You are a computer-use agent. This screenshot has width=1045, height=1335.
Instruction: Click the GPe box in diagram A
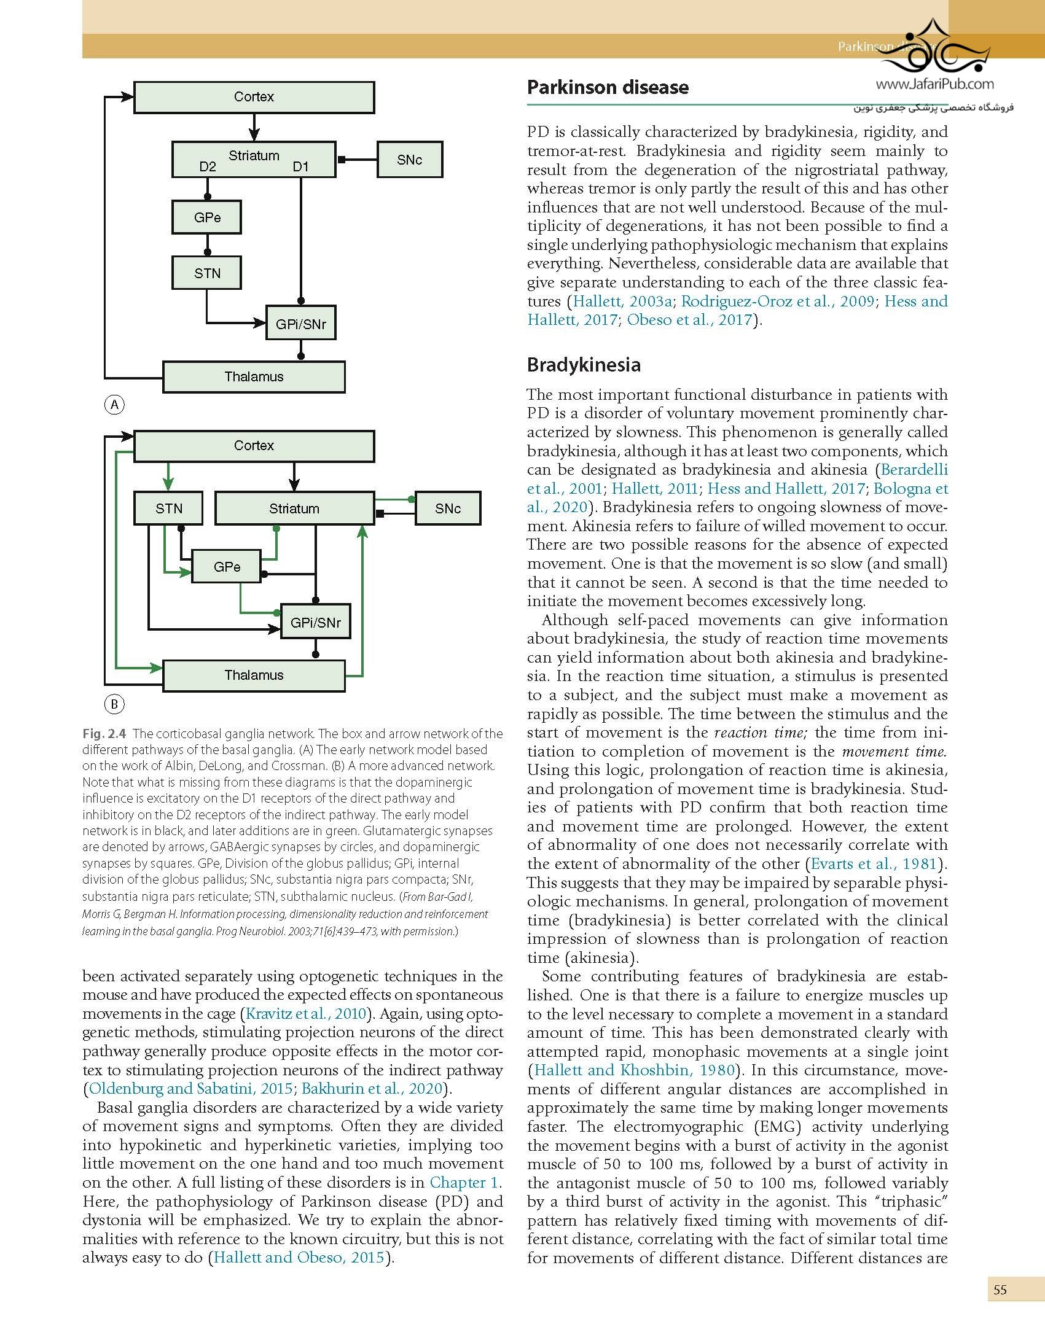pyautogui.click(x=207, y=217)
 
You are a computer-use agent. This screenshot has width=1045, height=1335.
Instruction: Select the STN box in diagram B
pyautogui.click(x=168, y=508)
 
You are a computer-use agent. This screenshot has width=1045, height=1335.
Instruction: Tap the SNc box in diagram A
pyautogui.click(x=409, y=160)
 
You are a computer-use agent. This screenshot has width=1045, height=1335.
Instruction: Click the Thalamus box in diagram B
pyautogui.click(x=254, y=675)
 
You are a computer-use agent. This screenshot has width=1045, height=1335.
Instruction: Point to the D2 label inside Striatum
pyautogui.click(x=208, y=167)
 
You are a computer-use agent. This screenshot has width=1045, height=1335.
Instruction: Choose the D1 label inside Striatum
pyautogui.click(x=300, y=167)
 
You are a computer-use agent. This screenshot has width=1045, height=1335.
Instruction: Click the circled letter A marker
pyautogui.click(x=114, y=405)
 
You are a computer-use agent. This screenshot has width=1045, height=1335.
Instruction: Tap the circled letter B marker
pyautogui.click(x=114, y=704)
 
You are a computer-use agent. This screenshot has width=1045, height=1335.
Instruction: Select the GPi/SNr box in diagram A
pyautogui.click(x=301, y=324)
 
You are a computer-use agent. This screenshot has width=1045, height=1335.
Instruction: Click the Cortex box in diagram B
pyautogui.click(x=254, y=446)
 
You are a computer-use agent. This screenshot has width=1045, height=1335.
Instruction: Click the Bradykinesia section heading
pyautogui.click(x=584, y=365)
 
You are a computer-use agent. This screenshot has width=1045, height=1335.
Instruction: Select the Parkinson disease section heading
pyautogui.click(x=608, y=87)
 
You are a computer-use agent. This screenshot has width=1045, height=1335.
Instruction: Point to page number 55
pyautogui.click(x=1000, y=1290)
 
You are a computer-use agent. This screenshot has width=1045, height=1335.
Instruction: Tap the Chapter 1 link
pyautogui.click(x=465, y=1182)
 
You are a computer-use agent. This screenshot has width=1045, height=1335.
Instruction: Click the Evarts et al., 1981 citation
pyautogui.click(x=874, y=863)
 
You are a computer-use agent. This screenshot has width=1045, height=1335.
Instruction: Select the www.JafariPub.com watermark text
pyautogui.click(x=934, y=84)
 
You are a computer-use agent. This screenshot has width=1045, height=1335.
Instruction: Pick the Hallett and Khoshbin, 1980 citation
pyautogui.click(x=634, y=1070)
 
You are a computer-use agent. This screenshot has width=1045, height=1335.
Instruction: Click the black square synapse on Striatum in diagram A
pyautogui.click(x=342, y=160)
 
